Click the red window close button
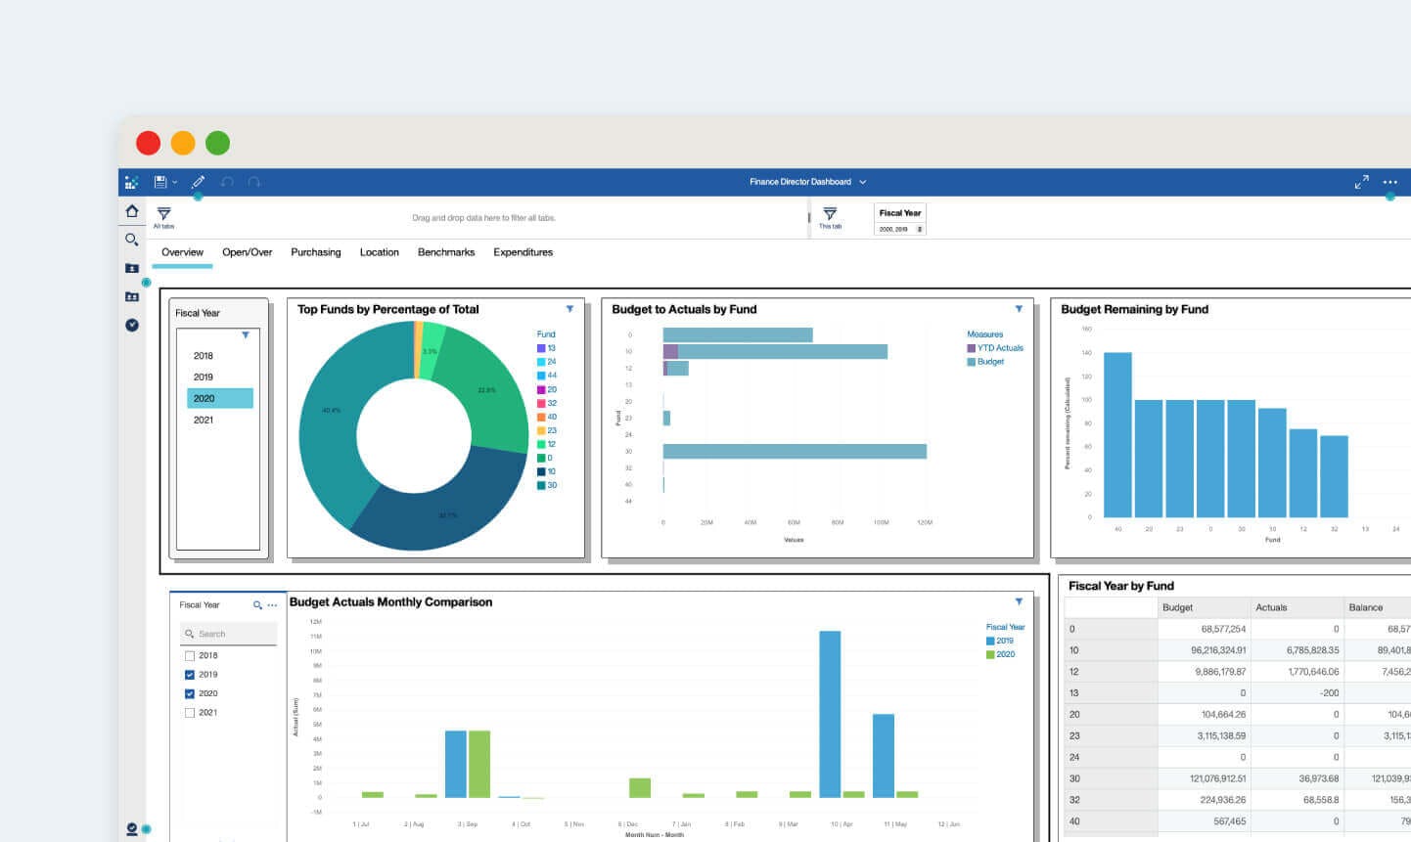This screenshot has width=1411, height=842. [x=149, y=143]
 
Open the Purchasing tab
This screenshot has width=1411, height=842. [x=315, y=252]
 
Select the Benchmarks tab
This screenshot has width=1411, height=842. [x=446, y=252]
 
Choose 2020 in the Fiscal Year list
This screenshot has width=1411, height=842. [x=219, y=398]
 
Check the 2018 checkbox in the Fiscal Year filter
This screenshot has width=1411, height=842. [x=190, y=655]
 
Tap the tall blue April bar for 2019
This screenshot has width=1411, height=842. [x=830, y=714]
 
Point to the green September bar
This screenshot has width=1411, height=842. [x=478, y=764]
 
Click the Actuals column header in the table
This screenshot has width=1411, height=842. [x=1271, y=607]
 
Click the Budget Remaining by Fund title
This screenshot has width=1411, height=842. [x=1134, y=309]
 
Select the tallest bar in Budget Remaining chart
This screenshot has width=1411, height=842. [x=1117, y=434]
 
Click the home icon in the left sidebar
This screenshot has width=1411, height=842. [x=132, y=211]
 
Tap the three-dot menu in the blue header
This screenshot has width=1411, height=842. [x=1389, y=182]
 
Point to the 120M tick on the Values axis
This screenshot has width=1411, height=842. [x=924, y=522]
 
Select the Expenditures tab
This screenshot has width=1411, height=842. [x=523, y=252]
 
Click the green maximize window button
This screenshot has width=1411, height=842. [x=217, y=143]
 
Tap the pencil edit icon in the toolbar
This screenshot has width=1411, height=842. [x=198, y=182]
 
